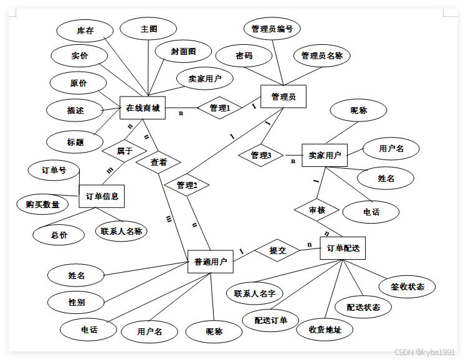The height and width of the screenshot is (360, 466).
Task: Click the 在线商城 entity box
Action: click(143, 108)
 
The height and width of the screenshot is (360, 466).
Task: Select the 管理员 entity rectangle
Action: click(283, 97)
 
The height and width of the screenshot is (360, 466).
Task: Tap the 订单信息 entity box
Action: click(102, 196)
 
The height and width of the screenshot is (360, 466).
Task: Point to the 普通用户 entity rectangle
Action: click(211, 261)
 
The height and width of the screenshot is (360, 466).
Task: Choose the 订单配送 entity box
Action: click(343, 248)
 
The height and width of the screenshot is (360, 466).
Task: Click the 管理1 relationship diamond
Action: click(219, 108)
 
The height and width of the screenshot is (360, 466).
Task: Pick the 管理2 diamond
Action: click(187, 185)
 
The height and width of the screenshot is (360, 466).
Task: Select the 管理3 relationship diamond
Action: click(261, 155)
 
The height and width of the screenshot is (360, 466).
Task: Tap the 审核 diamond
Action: click(317, 211)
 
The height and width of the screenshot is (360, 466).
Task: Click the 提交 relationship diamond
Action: click(277, 250)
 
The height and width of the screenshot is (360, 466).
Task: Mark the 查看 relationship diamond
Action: click(159, 162)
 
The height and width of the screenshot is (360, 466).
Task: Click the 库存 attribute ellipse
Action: click(85, 30)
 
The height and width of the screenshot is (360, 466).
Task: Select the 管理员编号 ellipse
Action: click(272, 29)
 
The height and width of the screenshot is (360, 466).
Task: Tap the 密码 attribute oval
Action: click(244, 55)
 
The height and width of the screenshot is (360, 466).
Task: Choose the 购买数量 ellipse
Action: click(43, 204)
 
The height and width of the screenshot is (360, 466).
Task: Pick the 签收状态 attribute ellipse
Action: click(407, 287)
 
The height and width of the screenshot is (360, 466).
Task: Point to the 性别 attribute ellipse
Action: click(77, 302)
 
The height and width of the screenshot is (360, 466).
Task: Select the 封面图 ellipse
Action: click(183, 51)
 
